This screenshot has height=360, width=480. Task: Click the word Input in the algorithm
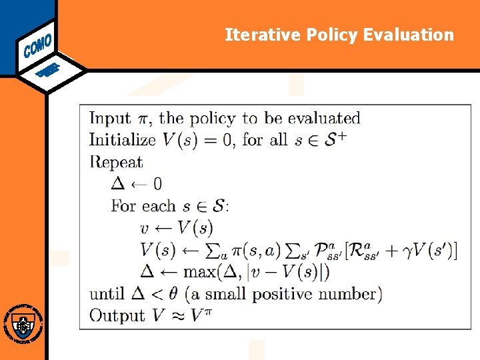click(x=110, y=119)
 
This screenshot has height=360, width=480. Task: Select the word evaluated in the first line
click(x=324, y=119)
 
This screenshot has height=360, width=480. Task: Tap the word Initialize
click(x=122, y=140)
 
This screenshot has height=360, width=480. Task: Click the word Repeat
click(x=116, y=162)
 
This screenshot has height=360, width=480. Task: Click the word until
click(x=107, y=293)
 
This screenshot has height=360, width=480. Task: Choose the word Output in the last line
click(x=117, y=315)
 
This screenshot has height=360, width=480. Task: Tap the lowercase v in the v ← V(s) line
click(x=145, y=228)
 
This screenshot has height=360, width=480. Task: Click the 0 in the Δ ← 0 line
click(x=157, y=184)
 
